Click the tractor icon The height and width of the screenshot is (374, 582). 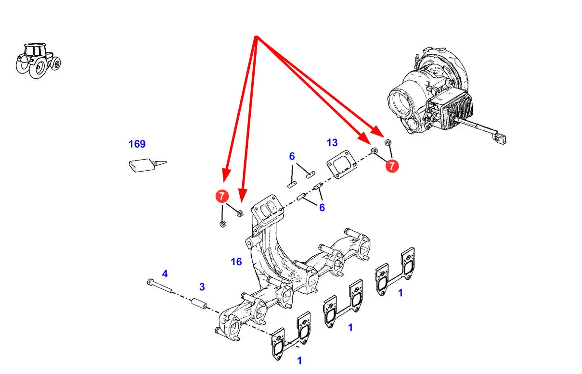click(x=38, y=61)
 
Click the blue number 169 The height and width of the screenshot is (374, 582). click(x=137, y=144)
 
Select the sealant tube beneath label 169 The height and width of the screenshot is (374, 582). click(x=148, y=165)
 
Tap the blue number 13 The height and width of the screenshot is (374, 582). click(x=332, y=142)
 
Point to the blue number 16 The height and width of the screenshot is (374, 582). click(x=236, y=262)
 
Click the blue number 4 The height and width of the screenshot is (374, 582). click(x=165, y=274)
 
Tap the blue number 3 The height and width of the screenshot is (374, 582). click(x=202, y=287)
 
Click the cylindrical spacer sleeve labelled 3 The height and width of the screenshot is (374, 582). click(x=199, y=304)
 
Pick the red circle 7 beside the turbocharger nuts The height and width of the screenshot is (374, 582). click(x=392, y=166)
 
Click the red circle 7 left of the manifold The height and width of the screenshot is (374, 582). click(x=222, y=196)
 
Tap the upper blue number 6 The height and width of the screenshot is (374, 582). click(x=292, y=156)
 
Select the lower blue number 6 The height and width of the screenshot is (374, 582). click(x=322, y=207)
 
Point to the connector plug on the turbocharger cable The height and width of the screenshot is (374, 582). click(x=501, y=137)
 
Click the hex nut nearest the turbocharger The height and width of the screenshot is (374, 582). click(x=388, y=142)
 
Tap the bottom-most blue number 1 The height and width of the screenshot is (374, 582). click(x=299, y=361)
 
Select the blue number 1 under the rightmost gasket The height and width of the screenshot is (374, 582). click(x=401, y=293)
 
